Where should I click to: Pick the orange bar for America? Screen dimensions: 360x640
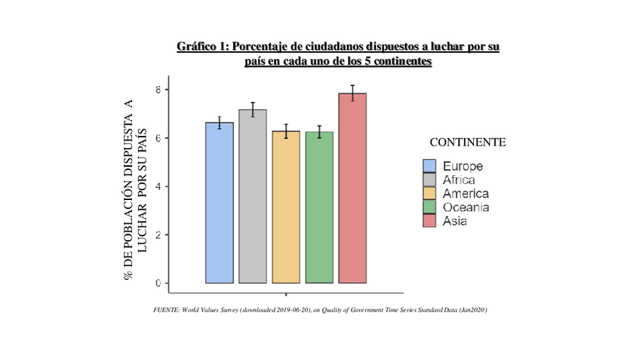tap(286, 207)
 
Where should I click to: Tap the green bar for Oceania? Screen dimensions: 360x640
tap(319, 208)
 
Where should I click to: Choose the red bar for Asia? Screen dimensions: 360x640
tap(352, 188)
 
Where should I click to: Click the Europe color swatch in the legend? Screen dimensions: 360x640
tap(429, 166)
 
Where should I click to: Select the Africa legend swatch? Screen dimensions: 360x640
tap(429, 180)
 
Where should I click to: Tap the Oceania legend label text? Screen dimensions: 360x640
tap(466, 208)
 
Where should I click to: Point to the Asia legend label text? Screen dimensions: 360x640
tap(455, 221)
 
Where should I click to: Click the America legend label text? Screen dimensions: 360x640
tap(465, 194)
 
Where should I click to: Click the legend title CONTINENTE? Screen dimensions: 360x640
tap(467, 142)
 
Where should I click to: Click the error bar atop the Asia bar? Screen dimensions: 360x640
tap(352, 93)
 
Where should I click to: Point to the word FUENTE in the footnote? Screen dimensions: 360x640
tap(167, 309)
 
